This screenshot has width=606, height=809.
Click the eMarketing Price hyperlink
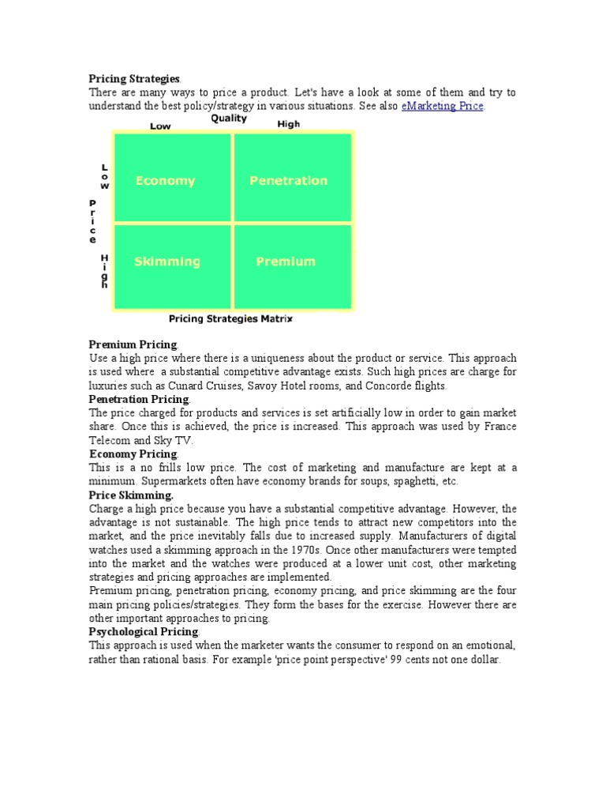(x=442, y=106)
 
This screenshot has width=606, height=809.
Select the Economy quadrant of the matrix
(x=165, y=181)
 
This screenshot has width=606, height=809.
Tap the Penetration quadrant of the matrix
(x=288, y=181)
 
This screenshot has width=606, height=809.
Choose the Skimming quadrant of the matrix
(x=166, y=262)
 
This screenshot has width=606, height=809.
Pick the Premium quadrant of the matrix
(x=286, y=262)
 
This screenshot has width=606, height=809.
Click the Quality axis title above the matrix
(x=229, y=119)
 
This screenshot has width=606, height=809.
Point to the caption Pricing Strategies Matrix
(x=231, y=319)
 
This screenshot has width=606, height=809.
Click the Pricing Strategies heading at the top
(x=134, y=79)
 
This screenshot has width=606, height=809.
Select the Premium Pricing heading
(x=133, y=344)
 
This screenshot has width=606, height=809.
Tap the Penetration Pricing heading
(x=139, y=400)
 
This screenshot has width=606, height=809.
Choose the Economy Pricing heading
(x=133, y=454)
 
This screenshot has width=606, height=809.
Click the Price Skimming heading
(x=131, y=495)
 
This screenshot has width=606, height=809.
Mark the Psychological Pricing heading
(x=144, y=632)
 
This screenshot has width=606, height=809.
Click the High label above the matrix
(x=289, y=124)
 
